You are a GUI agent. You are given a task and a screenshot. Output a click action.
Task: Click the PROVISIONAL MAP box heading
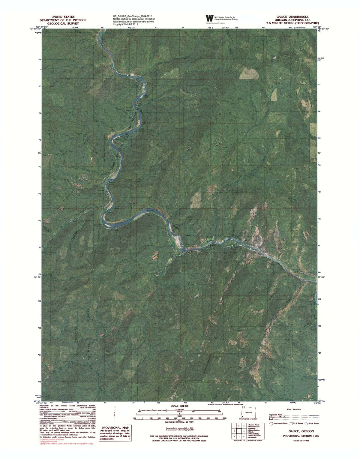coord(111,428)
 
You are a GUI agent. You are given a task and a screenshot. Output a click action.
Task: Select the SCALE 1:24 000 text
coord(179,406)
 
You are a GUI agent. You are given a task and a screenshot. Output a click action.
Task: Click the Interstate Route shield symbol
coord(271,424)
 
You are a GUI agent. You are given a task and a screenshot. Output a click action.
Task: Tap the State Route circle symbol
coord(306,424)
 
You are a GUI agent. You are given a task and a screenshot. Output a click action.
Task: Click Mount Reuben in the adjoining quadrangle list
coord(253,426)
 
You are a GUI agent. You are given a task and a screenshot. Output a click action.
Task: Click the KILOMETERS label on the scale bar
coord(178,409)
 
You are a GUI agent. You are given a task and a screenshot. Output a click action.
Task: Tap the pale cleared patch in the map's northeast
coord(249,73)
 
